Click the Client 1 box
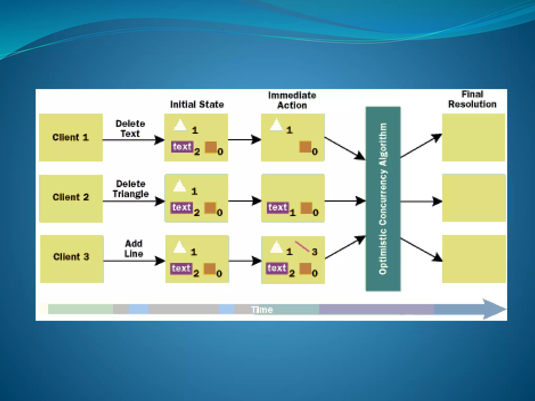tap(71, 137)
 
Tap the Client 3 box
tap(72, 258)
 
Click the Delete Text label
tap(130, 128)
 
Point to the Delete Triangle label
tap(131, 189)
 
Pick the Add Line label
tap(133, 249)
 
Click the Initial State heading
tap(197, 104)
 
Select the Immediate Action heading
tap(292, 100)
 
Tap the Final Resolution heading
tap(472, 99)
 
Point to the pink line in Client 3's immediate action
tap(302, 246)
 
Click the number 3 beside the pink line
tap(315, 252)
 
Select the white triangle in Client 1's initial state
tap(180, 125)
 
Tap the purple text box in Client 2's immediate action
tap(278, 208)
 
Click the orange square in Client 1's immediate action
tap(305, 147)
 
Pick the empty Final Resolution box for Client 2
tap(474, 198)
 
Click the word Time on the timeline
tap(262, 310)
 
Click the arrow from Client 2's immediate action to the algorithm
tap(345, 201)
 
